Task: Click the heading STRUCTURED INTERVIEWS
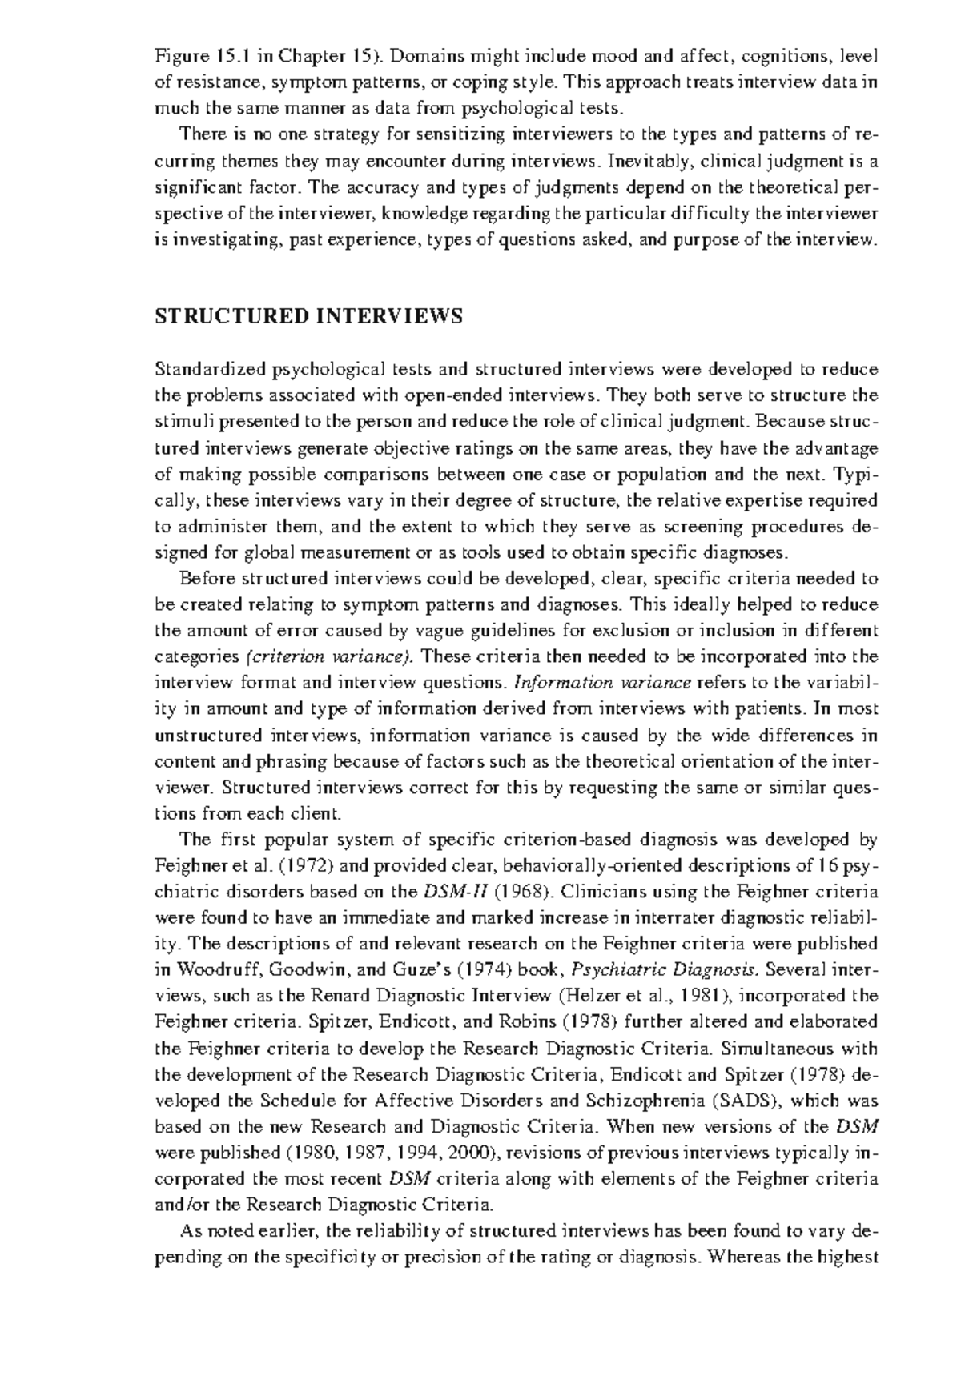tap(308, 317)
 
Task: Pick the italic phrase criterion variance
tap(330, 657)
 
